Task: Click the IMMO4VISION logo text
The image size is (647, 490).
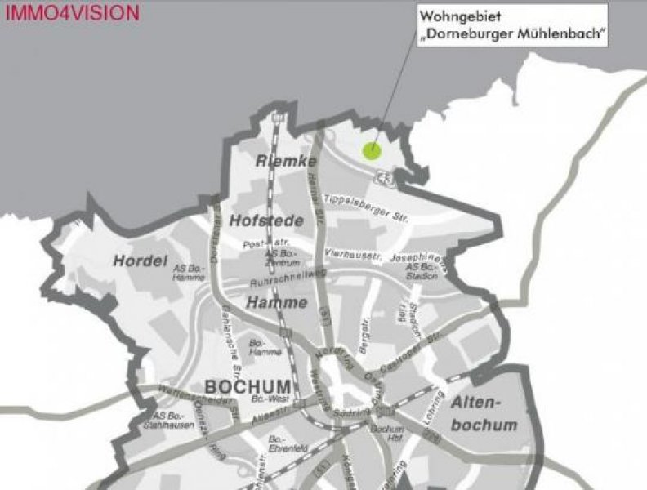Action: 73,13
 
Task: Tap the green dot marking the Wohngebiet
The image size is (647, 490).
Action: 372,150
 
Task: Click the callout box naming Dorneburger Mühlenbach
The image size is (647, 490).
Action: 512,26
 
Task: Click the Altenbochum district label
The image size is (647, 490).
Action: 484,413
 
